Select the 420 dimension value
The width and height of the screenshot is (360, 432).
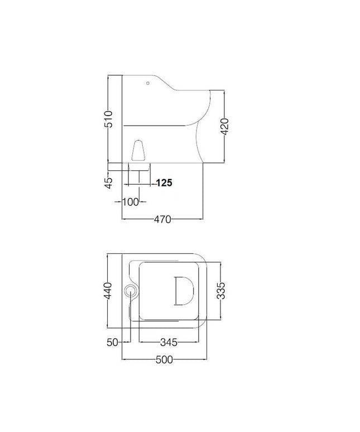[x=224, y=127]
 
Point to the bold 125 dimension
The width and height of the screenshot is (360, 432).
[x=164, y=183]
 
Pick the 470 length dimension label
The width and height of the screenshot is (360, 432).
[x=162, y=219]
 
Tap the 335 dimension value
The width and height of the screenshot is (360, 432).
[x=221, y=290]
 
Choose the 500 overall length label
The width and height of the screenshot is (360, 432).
[x=164, y=360]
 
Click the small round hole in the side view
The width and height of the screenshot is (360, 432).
[x=148, y=84]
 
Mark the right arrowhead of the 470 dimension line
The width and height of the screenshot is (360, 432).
[x=202, y=219]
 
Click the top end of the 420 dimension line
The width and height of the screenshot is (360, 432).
[x=224, y=90]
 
